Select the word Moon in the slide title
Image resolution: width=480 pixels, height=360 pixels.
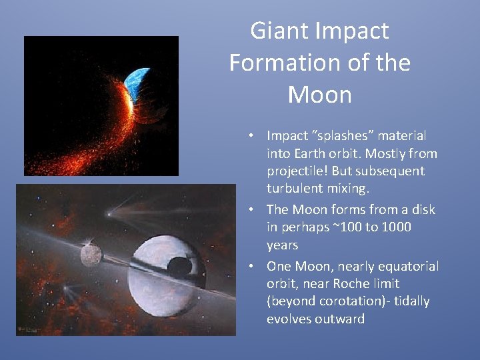click(319, 95)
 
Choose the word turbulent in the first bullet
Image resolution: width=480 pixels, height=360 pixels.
click(294, 188)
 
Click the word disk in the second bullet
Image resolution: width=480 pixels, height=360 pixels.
click(421, 209)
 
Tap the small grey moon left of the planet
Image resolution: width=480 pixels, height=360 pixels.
click(91, 254)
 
